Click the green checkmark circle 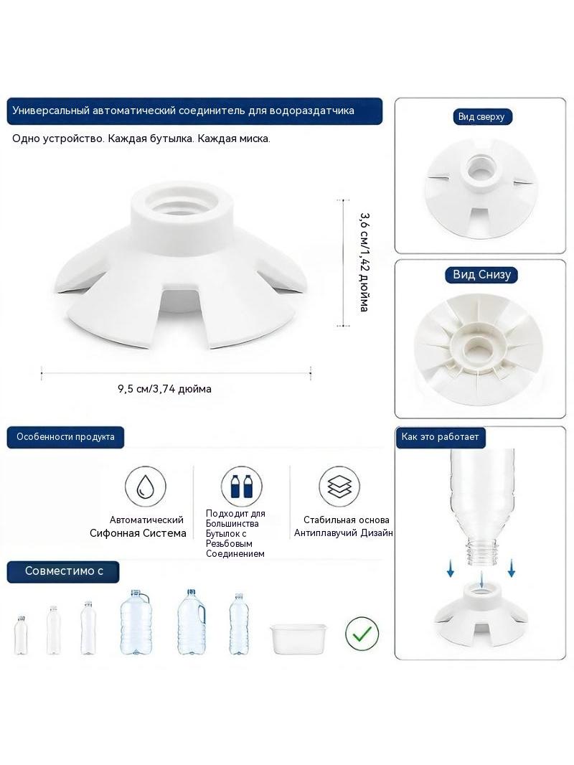click(x=362, y=633)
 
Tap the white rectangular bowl click(x=298, y=638)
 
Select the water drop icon click(x=145, y=486)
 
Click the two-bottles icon click(x=241, y=486)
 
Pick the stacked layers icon click(x=339, y=486)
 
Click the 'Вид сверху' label click(x=481, y=116)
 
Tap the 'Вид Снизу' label click(x=481, y=275)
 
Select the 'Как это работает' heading click(x=441, y=436)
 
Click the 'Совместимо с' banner click(x=63, y=571)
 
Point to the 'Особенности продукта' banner click(x=65, y=436)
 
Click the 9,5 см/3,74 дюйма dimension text click(x=164, y=389)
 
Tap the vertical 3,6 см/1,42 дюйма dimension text click(x=364, y=262)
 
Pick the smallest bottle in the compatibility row click(x=21, y=634)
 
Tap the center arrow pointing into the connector click(x=481, y=578)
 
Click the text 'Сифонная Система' click(x=138, y=533)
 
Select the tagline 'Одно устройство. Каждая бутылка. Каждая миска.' click(x=141, y=139)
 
